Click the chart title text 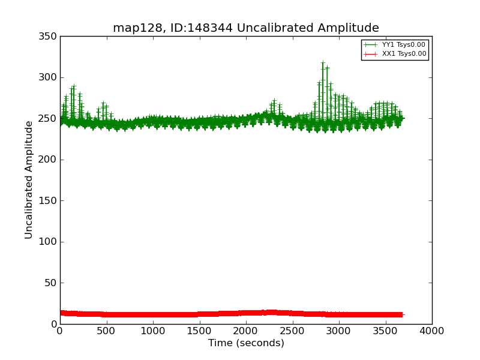[x=246, y=28]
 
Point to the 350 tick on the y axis [x=50, y=37]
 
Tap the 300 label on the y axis [x=50, y=77]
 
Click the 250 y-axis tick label [x=50, y=119]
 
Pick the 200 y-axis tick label [x=50, y=160]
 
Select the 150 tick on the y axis [x=50, y=201]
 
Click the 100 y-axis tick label [x=50, y=242]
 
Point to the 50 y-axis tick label [x=52, y=283]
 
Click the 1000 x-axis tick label [x=153, y=331]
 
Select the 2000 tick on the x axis [x=246, y=331]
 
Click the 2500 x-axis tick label [x=292, y=331]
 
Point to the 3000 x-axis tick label [x=339, y=331]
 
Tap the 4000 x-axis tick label [x=432, y=331]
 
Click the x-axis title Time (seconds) [x=246, y=343]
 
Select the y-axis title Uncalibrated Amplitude [x=29, y=179]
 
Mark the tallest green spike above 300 [x=323, y=62]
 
